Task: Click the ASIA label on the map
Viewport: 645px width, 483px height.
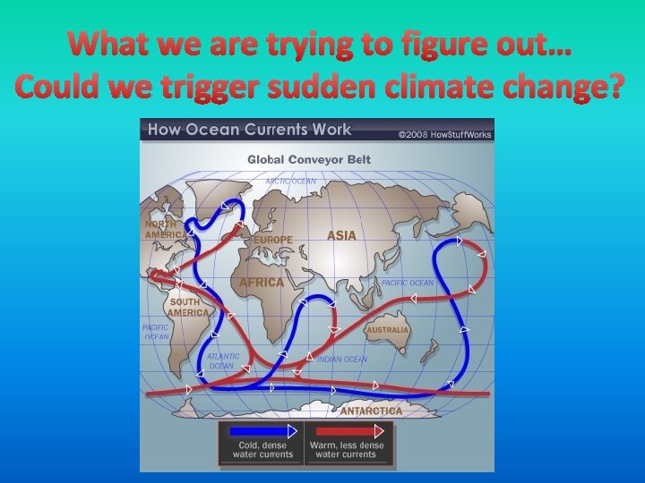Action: [341, 235]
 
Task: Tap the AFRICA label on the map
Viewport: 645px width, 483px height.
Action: [261, 282]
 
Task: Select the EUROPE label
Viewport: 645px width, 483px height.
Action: [273, 240]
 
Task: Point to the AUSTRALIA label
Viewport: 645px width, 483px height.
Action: [388, 330]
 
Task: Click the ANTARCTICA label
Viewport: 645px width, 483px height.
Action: [371, 411]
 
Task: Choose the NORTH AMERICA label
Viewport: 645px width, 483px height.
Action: [166, 229]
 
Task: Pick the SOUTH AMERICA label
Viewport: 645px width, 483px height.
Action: [188, 308]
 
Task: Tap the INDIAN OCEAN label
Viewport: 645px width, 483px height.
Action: [342, 360]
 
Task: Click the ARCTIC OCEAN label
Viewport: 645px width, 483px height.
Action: [290, 181]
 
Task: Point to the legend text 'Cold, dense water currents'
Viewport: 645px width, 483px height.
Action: [262, 450]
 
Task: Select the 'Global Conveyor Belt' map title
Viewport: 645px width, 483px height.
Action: [309, 160]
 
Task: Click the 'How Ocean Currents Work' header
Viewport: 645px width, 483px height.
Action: [250, 131]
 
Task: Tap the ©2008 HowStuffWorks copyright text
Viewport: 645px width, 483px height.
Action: [444, 134]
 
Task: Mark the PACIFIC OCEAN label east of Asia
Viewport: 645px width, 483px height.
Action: [408, 283]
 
